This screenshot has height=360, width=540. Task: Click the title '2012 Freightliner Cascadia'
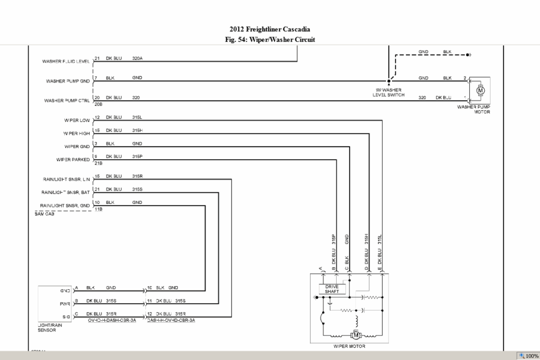(269, 30)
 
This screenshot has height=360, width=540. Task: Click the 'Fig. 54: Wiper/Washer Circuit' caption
(269, 39)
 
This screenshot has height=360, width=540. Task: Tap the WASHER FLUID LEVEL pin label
(65, 61)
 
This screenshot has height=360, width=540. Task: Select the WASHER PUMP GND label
(67, 81)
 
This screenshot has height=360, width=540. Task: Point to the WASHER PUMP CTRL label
(67, 100)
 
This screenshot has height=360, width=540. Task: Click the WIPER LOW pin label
(77, 121)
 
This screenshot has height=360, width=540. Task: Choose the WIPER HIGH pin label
(76, 133)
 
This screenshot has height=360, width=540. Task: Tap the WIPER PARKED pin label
(73, 159)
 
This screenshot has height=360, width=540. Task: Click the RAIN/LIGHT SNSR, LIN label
(66, 180)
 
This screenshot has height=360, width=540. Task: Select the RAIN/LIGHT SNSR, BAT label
(66, 193)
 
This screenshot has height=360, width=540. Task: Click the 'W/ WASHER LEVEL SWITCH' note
(389, 92)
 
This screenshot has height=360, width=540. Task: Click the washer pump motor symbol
(480, 90)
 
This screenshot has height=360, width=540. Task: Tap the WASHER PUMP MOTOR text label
(474, 109)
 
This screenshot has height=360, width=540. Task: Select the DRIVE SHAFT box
(332, 289)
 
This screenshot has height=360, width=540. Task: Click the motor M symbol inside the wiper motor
(355, 335)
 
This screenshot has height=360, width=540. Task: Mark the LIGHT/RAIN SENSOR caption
(47, 327)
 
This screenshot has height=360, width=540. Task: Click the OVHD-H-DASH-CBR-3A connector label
(112, 320)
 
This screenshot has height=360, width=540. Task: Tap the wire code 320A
(137, 58)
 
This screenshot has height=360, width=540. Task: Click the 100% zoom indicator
(529, 355)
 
